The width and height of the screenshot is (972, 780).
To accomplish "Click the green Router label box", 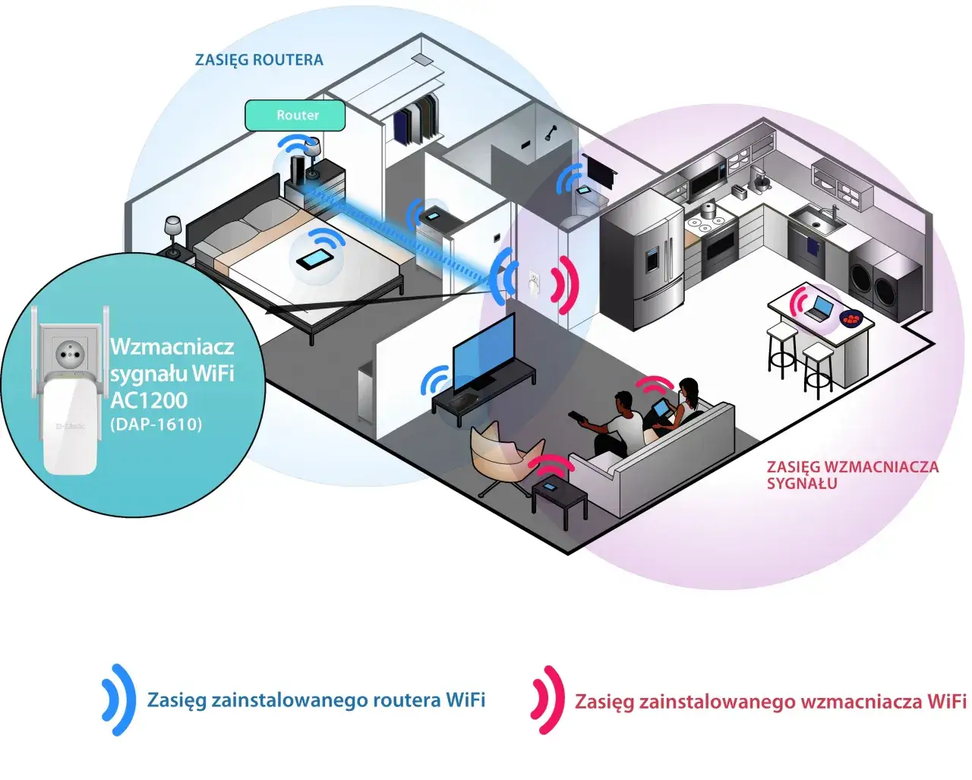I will click(295, 115).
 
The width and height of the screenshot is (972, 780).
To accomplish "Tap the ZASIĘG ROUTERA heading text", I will click(259, 59).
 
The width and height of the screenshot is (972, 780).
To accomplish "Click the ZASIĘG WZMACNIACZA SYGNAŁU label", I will click(852, 475).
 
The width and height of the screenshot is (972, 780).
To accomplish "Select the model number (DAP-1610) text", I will click(156, 424).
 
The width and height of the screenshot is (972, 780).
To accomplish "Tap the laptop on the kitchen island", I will click(819, 308).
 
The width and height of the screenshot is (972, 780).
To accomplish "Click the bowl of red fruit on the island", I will click(851, 317).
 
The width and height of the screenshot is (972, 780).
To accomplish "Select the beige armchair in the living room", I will click(497, 453).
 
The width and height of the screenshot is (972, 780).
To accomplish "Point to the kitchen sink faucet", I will click(835, 210).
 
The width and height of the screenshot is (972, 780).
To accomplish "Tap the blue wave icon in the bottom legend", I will click(118, 699).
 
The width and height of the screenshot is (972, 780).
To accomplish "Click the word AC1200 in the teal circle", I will click(149, 399).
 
